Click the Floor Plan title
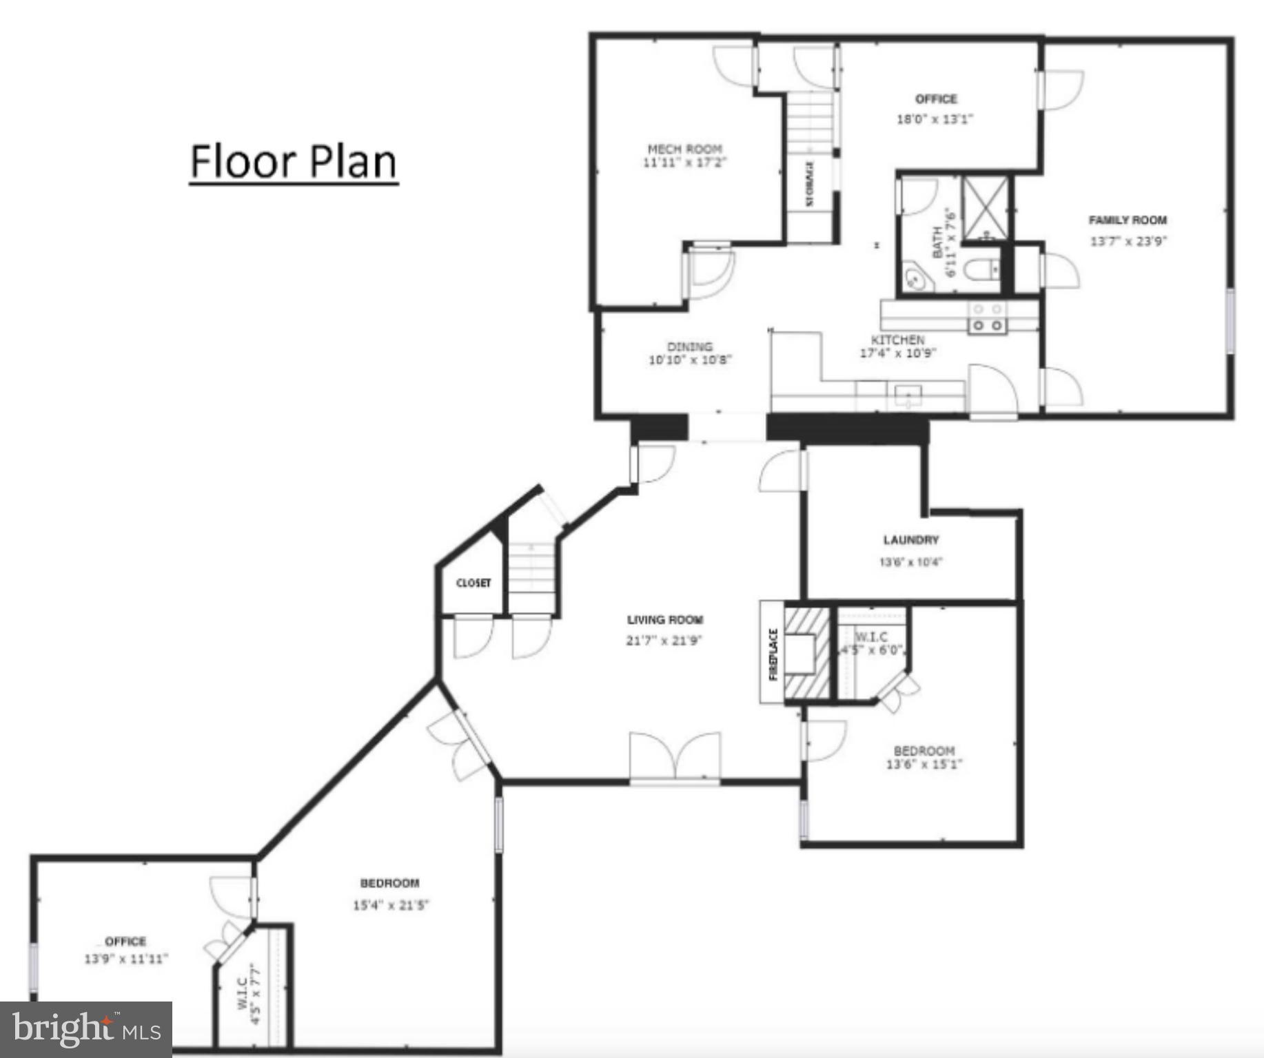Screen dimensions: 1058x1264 [294, 161]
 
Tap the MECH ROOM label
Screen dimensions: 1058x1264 [684, 149]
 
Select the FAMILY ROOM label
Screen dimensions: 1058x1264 [1128, 220]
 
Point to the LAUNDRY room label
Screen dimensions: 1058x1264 [910, 540]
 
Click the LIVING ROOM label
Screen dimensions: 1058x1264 [665, 620]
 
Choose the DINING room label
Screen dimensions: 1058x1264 [689, 346]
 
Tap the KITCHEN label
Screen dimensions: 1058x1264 [897, 340]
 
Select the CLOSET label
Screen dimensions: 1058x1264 [473, 583]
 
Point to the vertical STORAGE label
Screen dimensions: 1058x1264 [810, 184]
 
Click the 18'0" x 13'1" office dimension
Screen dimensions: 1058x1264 [935, 119]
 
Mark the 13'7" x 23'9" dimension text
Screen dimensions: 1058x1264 [1128, 242]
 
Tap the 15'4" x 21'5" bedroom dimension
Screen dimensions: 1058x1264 [390, 905]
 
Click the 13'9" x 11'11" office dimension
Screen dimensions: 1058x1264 [126, 959]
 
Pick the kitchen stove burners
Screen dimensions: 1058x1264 [987, 318]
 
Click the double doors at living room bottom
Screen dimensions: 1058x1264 [675, 758]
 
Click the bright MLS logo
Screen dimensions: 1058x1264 [85, 1030]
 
